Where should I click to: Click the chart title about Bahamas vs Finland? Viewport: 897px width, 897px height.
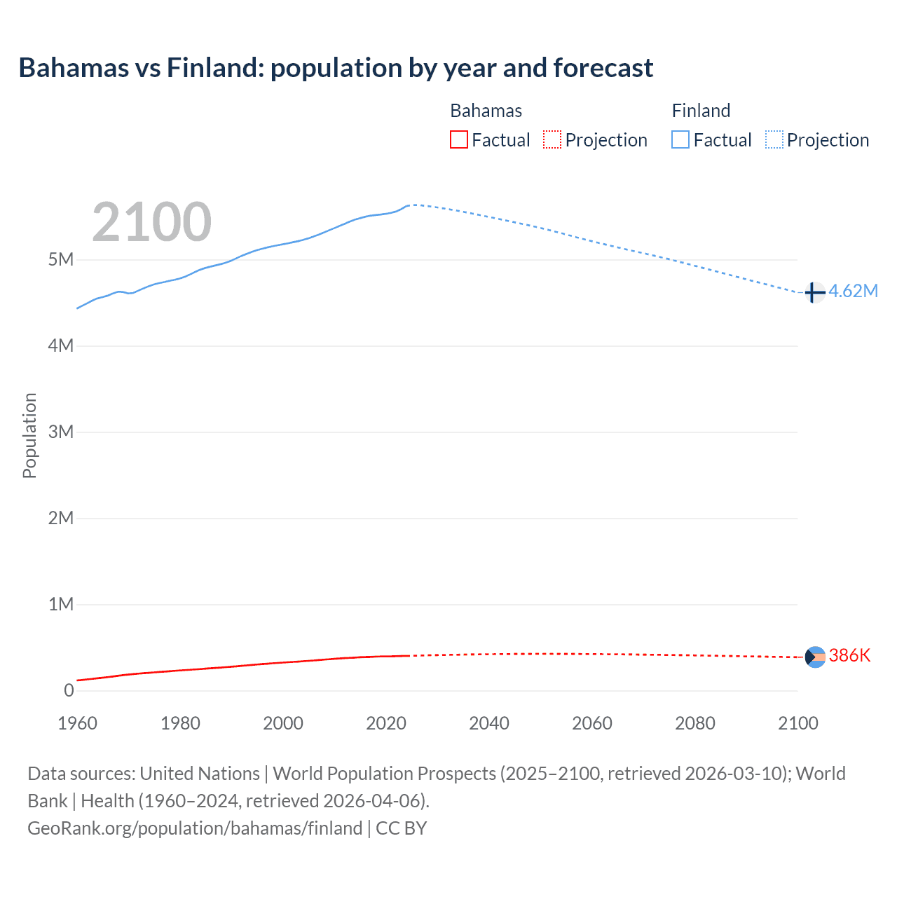[336, 68]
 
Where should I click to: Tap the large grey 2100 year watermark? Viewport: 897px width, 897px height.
[151, 222]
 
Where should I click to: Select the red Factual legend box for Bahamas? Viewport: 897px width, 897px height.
[459, 139]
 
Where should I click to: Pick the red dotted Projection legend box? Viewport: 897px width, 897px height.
[552, 139]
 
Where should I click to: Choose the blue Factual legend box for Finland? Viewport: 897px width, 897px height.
[680, 139]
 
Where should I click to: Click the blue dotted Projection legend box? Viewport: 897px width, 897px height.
[774, 139]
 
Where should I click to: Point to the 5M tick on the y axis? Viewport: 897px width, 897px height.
[61, 260]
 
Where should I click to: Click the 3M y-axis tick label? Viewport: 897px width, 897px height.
[61, 432]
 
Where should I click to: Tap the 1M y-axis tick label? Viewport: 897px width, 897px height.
[61, 604]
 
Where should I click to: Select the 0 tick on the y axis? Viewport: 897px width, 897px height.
[69, 690]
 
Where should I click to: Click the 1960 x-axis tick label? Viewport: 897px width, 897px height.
[77, 723]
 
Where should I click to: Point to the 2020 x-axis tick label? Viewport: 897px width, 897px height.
[386, 723]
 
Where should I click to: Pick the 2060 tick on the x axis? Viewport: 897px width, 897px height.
[592, 723]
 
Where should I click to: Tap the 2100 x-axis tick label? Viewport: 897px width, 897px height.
[797, 723]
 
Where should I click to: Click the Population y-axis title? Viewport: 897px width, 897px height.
[29, 435]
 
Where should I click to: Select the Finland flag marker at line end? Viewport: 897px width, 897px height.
[814, 292]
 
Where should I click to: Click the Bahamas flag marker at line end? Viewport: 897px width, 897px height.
[815, 657]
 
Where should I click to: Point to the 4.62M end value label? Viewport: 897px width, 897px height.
[853, 291]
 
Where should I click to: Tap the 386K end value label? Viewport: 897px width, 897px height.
[849, 656]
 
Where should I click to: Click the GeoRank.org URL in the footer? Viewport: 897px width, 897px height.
[195, 828]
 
